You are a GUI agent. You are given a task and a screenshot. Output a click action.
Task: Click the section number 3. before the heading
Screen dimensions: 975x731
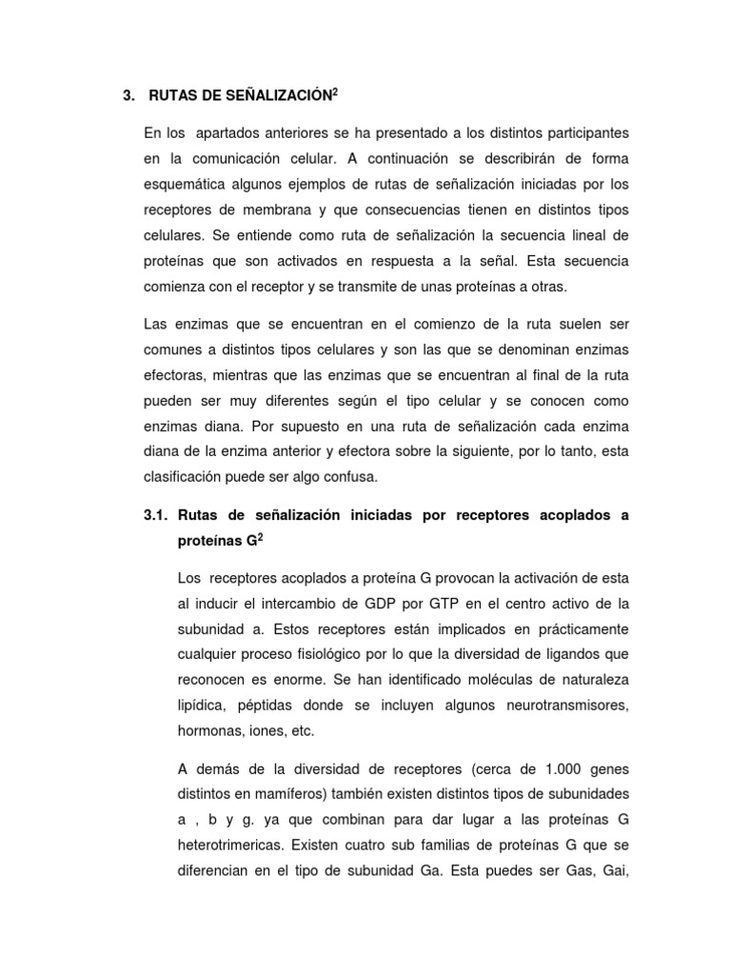[x=129, y=95]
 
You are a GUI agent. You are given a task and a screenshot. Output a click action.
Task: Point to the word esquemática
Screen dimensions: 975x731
[x=187, y=184]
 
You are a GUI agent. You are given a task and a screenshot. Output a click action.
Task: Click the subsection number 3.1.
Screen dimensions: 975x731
[x=155, y=515]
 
